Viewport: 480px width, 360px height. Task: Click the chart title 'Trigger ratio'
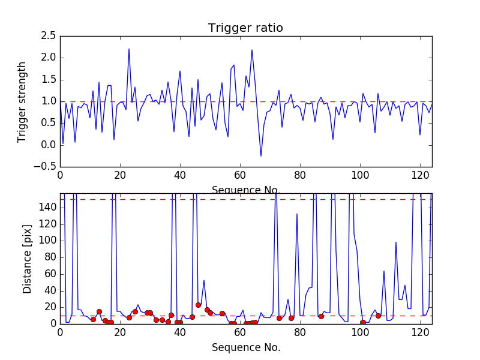(245, 28)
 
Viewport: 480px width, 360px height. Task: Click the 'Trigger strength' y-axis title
(22, 101)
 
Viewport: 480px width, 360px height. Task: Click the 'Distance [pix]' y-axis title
(27, 259)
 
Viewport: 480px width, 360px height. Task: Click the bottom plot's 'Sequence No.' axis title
(245, 347)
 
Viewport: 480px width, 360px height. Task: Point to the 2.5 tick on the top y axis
(49, 36)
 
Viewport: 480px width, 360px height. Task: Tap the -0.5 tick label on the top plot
(46, 167)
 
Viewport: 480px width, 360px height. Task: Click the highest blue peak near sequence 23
(129, 49)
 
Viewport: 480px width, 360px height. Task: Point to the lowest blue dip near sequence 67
(261, 156)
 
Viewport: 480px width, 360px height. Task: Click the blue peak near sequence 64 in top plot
(252, 50)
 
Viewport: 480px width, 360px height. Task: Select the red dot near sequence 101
(363, 322)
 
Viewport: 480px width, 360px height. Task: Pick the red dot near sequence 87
(321, 316)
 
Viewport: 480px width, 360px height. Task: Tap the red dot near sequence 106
(378, 316)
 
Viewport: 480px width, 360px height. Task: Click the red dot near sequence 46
(198, 305)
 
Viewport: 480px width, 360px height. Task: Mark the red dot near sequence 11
(93, 319)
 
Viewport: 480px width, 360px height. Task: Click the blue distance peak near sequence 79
(297, 214)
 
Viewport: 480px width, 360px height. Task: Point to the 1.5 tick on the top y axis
(49, 80)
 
